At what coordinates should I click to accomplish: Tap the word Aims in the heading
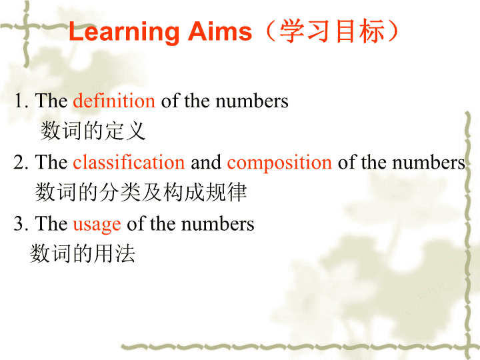coord(220,31)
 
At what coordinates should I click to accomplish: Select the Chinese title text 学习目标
coord(332,31)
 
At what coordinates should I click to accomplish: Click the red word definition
coord(114,101)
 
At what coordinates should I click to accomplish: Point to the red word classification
coord(129,162)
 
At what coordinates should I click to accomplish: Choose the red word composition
coord(279,163)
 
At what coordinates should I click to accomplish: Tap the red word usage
coord(97,225)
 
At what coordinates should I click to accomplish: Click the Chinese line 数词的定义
coord(93,131)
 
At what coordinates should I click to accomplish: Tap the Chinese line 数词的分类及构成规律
coord(141,192)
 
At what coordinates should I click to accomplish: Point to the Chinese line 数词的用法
coord(83,253)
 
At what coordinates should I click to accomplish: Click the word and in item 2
coord(206,162)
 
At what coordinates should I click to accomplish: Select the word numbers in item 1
coord(252,101)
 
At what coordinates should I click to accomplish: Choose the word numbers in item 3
coord(217,223)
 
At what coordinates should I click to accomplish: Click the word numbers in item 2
coord(429,162)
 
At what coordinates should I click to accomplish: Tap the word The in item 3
coord(51,223)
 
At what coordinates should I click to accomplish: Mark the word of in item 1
coord(170,101)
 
